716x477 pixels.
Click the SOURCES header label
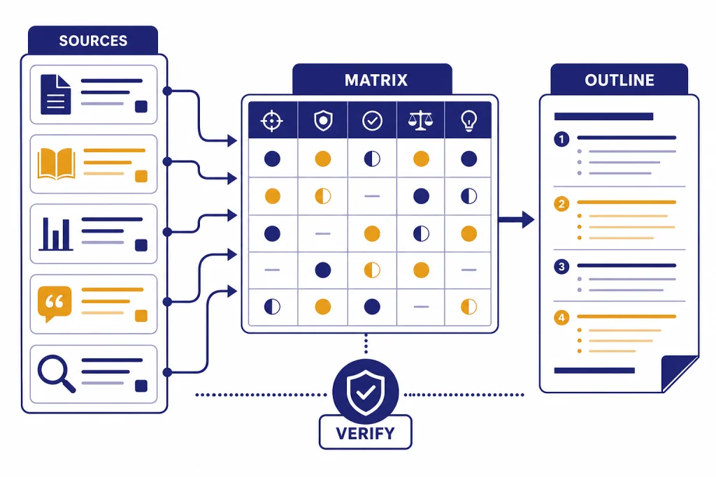[x=93, y=41]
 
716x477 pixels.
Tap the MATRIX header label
[x=375, y=80]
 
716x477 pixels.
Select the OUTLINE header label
[x=620, y=80]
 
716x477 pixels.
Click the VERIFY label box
[x=365, y=432]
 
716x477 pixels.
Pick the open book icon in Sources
[x=57, y=163]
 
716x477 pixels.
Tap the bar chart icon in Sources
[x=56, y=234]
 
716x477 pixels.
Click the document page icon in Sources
[x=56, y=94]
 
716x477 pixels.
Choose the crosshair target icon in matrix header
[x=272, y=121]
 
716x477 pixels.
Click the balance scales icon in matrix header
[x=420, y=121]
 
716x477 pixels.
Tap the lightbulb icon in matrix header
[x=469, y=121]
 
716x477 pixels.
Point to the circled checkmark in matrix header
[x=372, y=121]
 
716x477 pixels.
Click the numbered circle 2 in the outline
[x=561, y=203]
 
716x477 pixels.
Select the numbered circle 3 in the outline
[x=561, y=266]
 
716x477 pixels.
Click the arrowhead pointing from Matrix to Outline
[x=528, y=219]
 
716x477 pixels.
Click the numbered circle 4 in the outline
[x=561, y=317]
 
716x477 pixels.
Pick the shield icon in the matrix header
[x=323, y=121]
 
